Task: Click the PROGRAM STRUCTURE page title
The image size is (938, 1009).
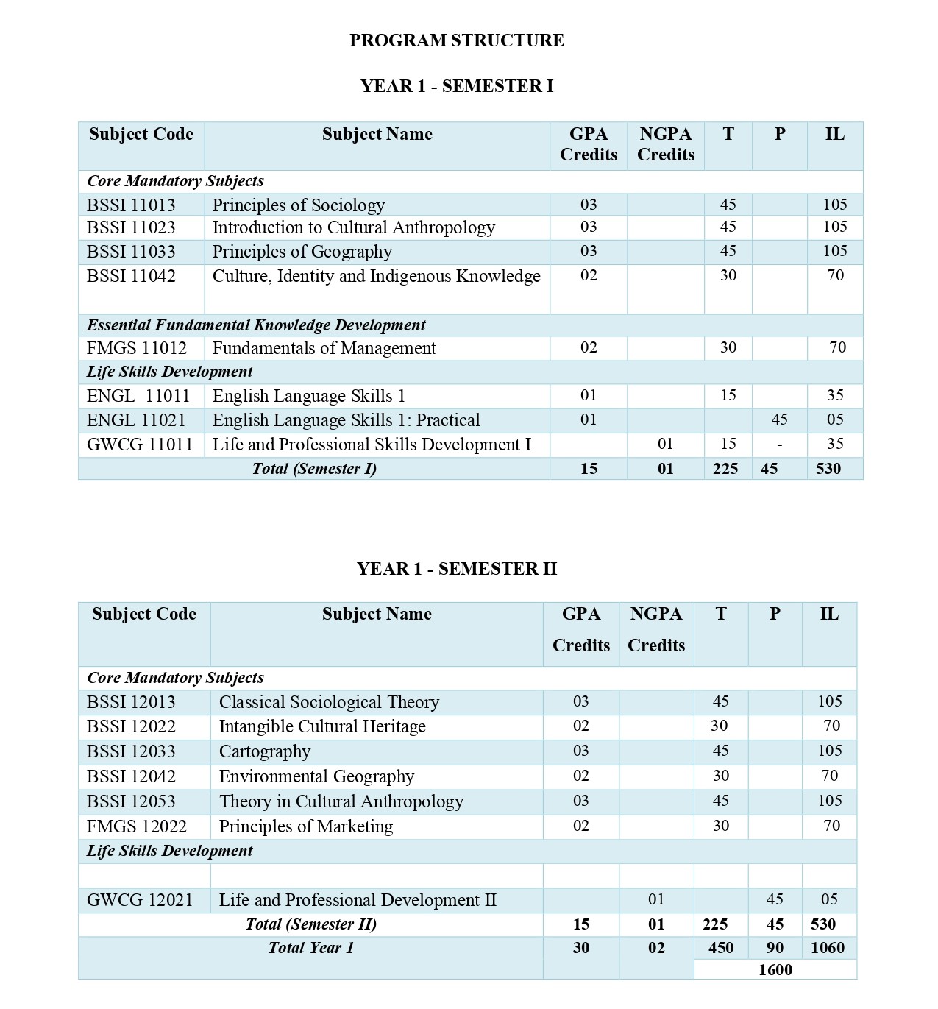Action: [x=456, y=40]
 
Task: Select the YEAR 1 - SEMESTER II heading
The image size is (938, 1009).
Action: [x=456, y=569]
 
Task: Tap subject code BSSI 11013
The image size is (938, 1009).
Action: [x=131, y=205]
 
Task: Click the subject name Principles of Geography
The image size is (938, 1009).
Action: [x=302, y=252]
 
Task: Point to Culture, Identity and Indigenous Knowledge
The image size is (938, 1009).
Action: [x=376, y=276]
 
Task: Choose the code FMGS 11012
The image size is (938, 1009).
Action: [x=136, y=348]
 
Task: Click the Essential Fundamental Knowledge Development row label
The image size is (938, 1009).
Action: [x=256, y=325]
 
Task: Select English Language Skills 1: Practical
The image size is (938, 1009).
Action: [x=346, y=420]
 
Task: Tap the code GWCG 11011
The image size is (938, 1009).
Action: [x=139, y=445]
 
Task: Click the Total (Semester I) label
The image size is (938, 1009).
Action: [x=314, y=469]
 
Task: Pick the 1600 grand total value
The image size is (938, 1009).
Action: [x=775, y=970]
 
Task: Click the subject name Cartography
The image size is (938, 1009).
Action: [x=265, y=751]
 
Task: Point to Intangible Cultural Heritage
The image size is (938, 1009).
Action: [x=322, y=726]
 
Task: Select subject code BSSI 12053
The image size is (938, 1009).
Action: [x=131, y=801]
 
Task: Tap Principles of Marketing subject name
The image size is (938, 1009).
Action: [x=305, y=826]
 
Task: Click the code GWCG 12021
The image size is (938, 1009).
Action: [x=139, y=900]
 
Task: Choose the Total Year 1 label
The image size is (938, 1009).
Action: [x=310, y=948]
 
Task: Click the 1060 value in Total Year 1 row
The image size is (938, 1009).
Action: [x=828, y=948]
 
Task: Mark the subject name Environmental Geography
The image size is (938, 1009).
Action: [x=316, y=776]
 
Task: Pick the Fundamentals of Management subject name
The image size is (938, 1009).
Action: [x=324, y=348]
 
